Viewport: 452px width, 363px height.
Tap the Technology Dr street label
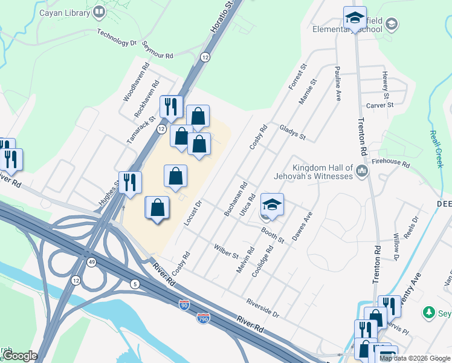pyautogui.click(x=117, y=38)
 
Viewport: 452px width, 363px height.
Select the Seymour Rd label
pyautogui.click(x=157, y=50)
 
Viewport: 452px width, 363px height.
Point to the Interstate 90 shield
pyautogui.click(x=185, y=306)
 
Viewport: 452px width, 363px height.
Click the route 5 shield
pyautogui.click(x=134, y=284)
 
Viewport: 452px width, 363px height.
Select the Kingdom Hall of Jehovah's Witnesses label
pyautogui.click(x=322, y=172)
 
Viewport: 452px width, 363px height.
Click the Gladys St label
pyautogui.click(x=292, y=132)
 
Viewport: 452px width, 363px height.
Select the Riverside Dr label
pyautogui.click(x=262, y=308)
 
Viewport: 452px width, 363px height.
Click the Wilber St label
pyautogui.click(x=226, y=250)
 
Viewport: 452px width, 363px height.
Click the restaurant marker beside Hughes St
pyautogui.click(x=130, y=182)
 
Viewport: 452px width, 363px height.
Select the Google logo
pyautogui.click(x=19, y=356)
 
